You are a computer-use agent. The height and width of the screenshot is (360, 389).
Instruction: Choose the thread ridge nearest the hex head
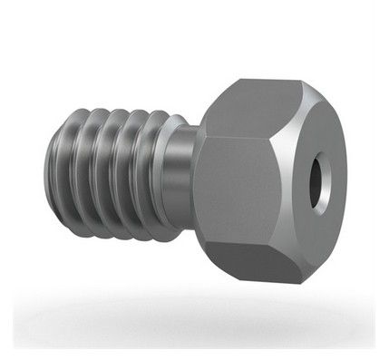[x=160, y=172]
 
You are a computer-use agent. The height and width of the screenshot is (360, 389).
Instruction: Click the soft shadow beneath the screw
[x=195, y=313]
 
